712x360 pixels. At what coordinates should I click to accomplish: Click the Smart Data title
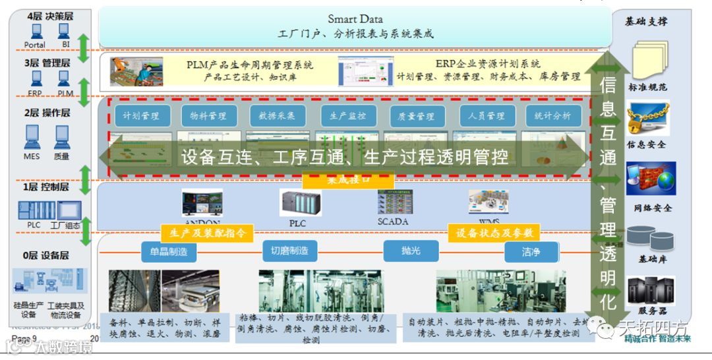click(355, 19)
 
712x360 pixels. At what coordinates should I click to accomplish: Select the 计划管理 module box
click(142, 116)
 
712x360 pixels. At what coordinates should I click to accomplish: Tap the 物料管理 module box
click(209, 116)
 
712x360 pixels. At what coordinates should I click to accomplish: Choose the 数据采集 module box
click(278, 116)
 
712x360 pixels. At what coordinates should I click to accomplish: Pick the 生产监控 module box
click(348, 116)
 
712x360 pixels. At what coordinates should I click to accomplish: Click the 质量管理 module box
click(417, 116)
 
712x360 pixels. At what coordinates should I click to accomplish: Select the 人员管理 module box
click(487, 116)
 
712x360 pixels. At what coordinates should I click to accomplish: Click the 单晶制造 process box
click(169, 251)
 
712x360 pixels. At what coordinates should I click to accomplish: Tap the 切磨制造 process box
click(289, 251)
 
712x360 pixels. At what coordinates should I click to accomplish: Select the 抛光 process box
click(411, 251)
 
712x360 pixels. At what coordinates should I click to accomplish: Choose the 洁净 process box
click(531, 251)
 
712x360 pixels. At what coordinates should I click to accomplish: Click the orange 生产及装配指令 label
click(208, 233)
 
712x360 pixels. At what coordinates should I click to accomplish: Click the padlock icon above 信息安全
click(647, 119)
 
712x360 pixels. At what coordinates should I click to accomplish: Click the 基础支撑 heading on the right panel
click(646, 22)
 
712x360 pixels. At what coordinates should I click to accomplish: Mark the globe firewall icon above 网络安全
click(650, 179)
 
